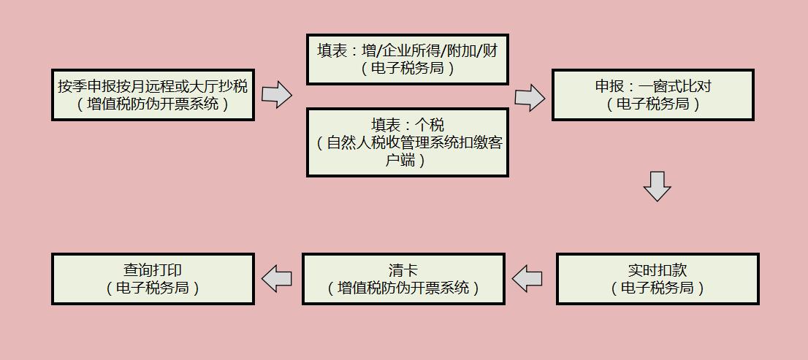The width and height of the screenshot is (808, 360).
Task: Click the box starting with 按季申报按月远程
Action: coord(153,95)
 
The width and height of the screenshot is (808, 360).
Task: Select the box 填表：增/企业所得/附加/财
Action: coord(407,59)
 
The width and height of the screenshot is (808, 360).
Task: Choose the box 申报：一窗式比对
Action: coord(652,95)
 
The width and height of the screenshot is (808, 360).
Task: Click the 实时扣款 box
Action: coord(658,279)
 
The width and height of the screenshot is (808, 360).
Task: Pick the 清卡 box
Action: coord(403,279)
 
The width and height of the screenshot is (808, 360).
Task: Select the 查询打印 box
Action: coord(153,279)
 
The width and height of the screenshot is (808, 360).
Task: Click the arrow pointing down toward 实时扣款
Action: coord(657,186)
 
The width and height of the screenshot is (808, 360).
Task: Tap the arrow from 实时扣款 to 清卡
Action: coord(527,278)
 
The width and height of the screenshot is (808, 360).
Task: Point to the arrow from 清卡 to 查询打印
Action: coord(277,278)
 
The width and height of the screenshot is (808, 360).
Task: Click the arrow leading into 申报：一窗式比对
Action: coord(529,97)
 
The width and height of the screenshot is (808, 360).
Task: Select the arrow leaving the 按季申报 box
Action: coord(276,94)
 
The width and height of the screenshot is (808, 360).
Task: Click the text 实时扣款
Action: coord(658,270)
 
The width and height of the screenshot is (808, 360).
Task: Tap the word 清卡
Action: coord(403,270)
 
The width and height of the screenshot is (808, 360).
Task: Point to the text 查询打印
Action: coord(153,270)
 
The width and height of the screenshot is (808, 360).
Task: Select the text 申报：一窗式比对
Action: coord(652,86)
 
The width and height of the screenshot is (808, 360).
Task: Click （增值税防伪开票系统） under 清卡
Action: coord(403,288)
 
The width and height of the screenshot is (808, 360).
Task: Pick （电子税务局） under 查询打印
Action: coord(153,288)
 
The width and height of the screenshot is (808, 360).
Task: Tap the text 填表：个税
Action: coord(407,125)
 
